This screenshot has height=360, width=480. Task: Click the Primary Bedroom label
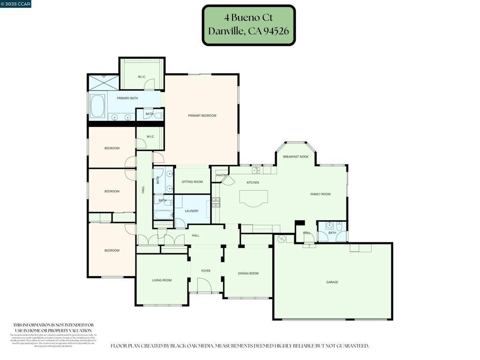(x=202, y=115)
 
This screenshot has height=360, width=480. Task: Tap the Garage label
(x=332, y=282)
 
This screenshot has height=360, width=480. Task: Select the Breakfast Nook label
(x=296, y=157)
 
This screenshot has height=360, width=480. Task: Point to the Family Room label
(x=321, y=194)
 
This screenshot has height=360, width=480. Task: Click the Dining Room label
(x=248, y=273)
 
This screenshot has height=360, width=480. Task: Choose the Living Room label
(x=162, y=280)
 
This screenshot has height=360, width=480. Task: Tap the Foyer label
(x=206, y=270)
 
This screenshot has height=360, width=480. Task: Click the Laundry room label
(x=192, y=211)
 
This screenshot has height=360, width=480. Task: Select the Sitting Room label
(x=192, y=181)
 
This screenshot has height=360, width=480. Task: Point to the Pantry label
(x=221, y=175)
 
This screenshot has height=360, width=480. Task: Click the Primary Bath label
(x=127, y=98)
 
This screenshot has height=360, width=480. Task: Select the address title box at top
(x=248, y=25)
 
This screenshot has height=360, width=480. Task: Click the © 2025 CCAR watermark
(x=16, y=4)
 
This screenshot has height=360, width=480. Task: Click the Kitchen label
(x=253, y=182)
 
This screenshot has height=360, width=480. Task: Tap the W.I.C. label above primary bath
(x=142, y=77)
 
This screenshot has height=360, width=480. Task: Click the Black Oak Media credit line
(x=240, y=346)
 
